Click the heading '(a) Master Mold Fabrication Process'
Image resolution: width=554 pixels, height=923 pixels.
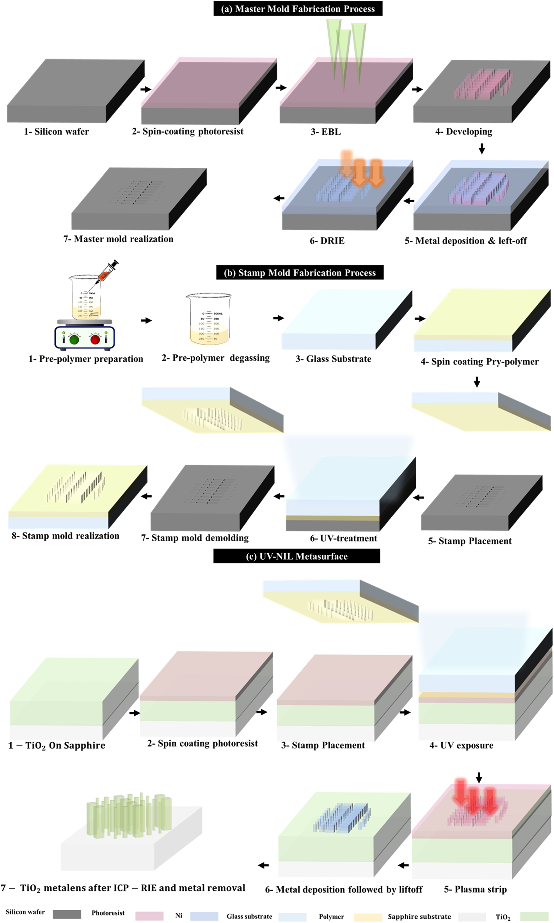click(x=298, y=9)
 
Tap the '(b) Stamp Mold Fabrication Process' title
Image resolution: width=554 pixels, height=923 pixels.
click(x=300, y=272)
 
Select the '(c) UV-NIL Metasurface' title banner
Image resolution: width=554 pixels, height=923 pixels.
click(x=297, y=556)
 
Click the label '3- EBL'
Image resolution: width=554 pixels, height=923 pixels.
click(x=325, y=132)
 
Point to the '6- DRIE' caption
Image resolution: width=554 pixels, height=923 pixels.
click(x=327, y=241)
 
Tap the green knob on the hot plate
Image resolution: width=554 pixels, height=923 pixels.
click(x=74, y=339)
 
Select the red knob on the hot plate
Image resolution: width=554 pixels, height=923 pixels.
click(x=95, y=339)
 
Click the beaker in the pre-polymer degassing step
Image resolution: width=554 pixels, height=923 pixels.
click(x=209, y=319)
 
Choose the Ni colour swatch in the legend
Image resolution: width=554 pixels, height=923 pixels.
click(x=204, y=916)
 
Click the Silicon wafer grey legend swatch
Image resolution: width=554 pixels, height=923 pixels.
click(x=67, y=914)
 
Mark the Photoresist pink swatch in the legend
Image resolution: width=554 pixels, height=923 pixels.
click(x=149, y=916)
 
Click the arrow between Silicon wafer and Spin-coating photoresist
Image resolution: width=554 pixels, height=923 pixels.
click(x=146, y=89)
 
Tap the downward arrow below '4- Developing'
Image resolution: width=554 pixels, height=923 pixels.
click(x=481, y=148)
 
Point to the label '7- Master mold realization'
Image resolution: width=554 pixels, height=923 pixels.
click(x=118, y=239)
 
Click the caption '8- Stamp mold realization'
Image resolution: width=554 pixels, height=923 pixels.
click(x=65, y=535)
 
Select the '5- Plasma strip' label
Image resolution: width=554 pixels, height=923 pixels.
click(x=475, y=889)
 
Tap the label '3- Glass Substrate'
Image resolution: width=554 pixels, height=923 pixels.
click(x=333, y=359)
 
